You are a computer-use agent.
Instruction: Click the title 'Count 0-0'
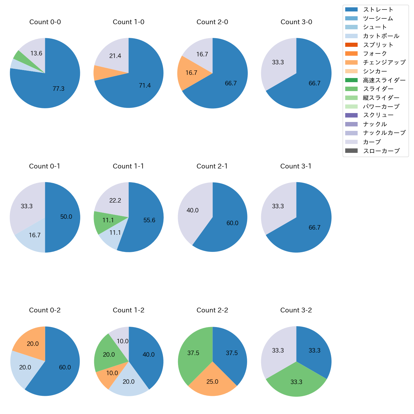pyautogui.click(x=45, y=22)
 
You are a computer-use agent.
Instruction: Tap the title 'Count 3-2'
pyautogui.click(x=296, y=310)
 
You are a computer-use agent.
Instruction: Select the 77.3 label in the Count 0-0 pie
pyautogui.click(x=59, y=89)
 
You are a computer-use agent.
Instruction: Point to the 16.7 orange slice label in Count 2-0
pyautogui.click(x=191, y=73)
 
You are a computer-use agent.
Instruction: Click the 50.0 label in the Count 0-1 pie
pyautogui.click(x=66, y=217)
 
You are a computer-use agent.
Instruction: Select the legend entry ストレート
pyautogui.click(x=378, y=10)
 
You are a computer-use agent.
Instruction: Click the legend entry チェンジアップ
pyautogui.click(x=384, y=62)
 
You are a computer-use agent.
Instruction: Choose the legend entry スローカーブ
pyautogui.click(x=381, y=151)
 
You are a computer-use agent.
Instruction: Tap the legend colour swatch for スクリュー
pyautogui.click(x=351, y=115)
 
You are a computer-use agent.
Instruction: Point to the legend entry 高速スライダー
pyautogui.click(x=384, y=80)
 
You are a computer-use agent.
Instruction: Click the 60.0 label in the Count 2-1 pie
pyautogui.click(x=232, y=223)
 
